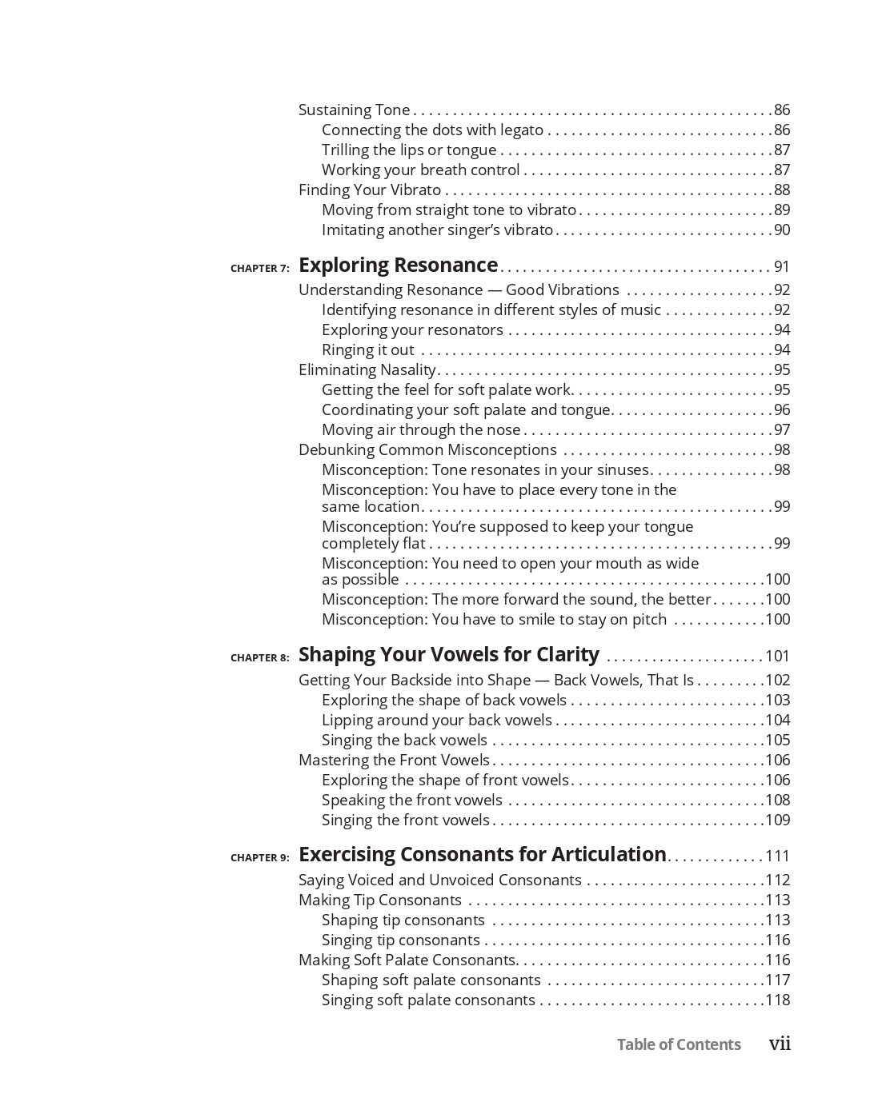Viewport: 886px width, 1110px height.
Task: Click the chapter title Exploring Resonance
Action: (x=398, y=266)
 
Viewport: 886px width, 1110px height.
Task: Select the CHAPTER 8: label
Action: (x=259, y=658)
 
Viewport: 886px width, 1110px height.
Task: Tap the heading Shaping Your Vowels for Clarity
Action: (x=448, y=655)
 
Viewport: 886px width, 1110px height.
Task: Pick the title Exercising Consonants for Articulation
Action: (x=482, y=855)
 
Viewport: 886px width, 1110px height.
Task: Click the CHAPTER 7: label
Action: (x=259, y=269)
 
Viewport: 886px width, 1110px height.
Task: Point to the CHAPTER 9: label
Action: (x=259, y=858)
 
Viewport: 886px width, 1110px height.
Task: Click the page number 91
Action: (x=781, y=267)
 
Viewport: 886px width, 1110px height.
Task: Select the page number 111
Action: (x=777, y=856)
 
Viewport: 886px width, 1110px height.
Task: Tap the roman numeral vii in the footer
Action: (x=780, y=1044)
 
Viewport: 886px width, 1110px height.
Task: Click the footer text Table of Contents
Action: (x=679, y=1044)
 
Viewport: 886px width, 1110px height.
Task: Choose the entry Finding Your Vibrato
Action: (x=370, y=190)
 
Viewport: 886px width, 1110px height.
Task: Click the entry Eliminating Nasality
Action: (x=367, y=370)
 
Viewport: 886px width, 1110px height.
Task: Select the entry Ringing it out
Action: (x=367, y=350)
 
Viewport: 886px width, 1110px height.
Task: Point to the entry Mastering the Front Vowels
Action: (x=394, y=761)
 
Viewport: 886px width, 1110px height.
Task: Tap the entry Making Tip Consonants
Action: (x=380, y=900)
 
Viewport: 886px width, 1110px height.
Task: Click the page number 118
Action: (x=777, y=1000)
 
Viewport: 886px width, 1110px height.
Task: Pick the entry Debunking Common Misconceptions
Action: (x=427, y=450)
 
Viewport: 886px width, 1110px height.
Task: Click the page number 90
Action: (x=781, y=230)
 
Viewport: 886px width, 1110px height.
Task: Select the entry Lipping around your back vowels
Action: (x=436, y=721)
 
